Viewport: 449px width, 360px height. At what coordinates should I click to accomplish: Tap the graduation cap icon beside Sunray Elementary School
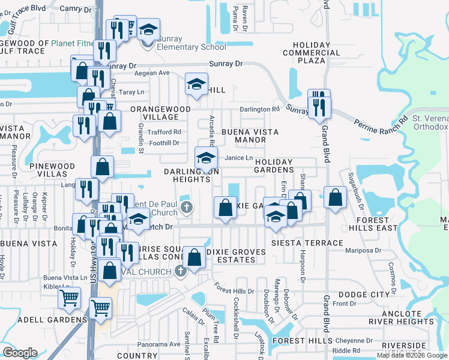click(x=148, y=29)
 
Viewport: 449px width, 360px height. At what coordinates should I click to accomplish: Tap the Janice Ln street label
click(x=238, y=158)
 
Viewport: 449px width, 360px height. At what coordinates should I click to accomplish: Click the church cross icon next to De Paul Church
click(x=187, y=209)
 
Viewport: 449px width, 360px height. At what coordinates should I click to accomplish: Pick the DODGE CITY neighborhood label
click(x=364, y=295)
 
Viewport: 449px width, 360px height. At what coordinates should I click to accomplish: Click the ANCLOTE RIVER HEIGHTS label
click(x=411, y=317)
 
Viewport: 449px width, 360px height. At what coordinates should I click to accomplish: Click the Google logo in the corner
click(x=20, y=352)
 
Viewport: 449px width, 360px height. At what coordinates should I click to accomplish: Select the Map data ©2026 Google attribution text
click(x=411, y=355)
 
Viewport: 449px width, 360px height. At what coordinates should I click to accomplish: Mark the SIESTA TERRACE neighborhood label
click(x=306, y=243)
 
